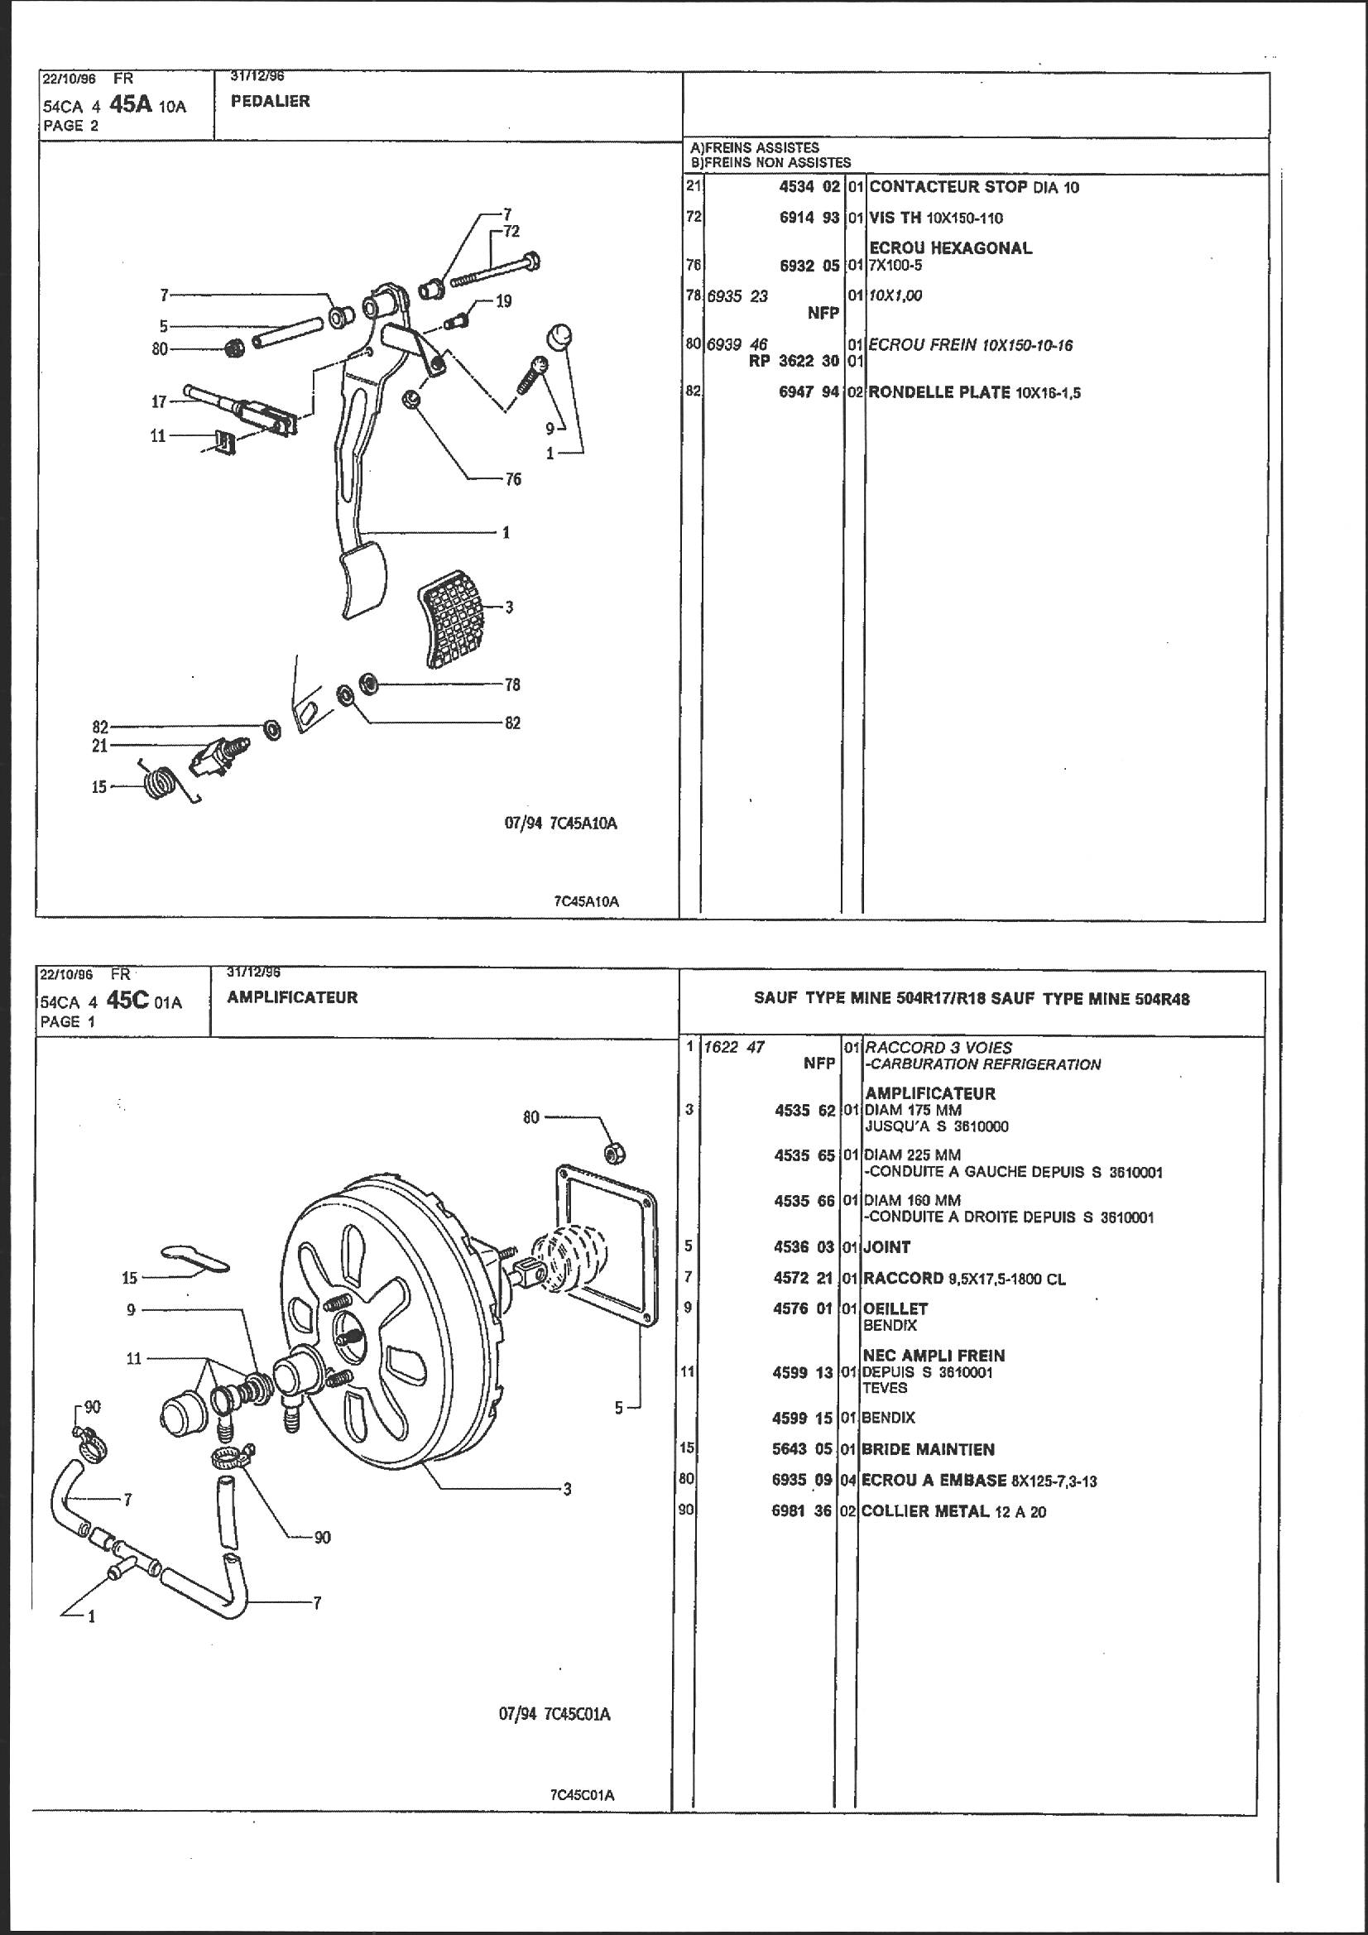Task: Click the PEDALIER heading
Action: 270,101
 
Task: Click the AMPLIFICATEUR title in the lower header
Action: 292,997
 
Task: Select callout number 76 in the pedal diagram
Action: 513,479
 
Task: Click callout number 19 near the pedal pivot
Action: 503,301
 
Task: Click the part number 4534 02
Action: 809,187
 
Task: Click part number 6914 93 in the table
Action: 809,218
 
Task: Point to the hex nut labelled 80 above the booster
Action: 617,1153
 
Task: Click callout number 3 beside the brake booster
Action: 567,1489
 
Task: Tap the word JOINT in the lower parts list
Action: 886,1246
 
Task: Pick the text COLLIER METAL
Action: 924,1511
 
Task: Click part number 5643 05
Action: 804,1449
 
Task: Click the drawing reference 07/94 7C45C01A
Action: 554,1714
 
